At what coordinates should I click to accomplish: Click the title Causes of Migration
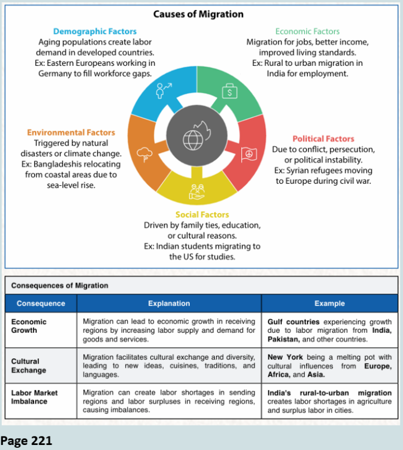coord(201,13)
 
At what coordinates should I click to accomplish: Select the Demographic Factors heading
coord(94,31)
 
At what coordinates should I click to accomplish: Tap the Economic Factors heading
coord(307,31)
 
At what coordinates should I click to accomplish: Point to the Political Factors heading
coord(323,138)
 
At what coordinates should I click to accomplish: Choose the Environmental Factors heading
coord(71,132)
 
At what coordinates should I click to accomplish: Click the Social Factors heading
coord(202,214)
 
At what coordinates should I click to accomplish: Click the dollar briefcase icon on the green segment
coord(228,91)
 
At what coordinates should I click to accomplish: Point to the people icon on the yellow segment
coord(196,192)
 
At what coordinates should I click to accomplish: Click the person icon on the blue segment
coord(164,89)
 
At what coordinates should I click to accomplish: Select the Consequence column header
coord(41,304)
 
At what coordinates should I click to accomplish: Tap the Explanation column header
coord(169,304)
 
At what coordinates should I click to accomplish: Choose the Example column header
coord(329,304)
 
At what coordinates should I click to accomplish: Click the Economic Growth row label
coord(29,326)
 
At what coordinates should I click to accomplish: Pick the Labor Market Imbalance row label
coord(35,397)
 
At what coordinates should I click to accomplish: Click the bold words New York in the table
coord(285,357)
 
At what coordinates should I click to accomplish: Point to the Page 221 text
coord(26,441)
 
